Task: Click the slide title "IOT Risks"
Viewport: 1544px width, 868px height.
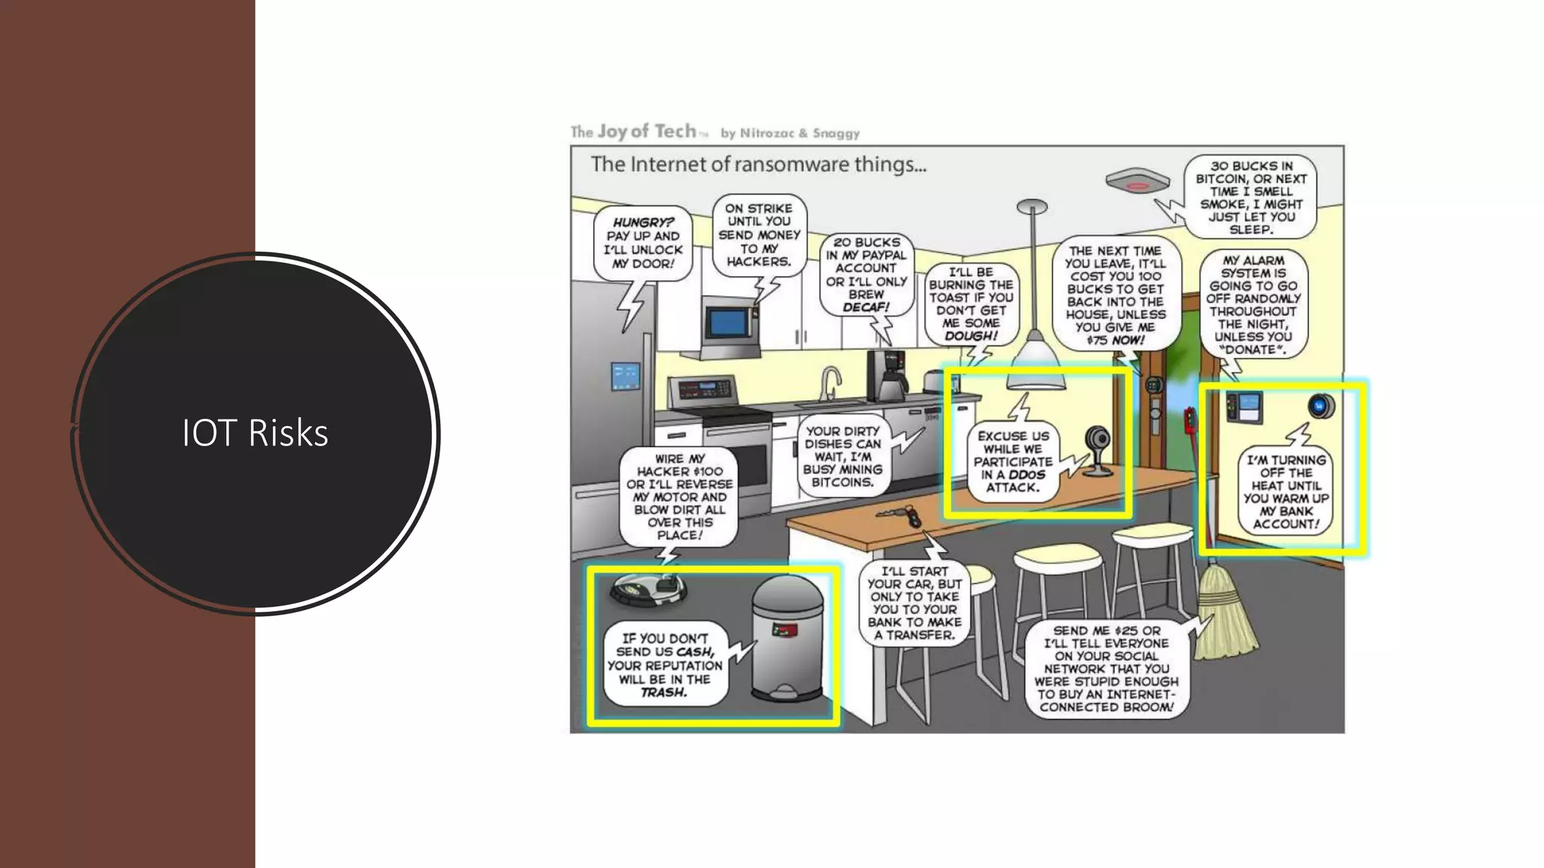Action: [255, 433]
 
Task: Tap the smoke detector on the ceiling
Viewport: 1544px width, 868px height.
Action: [1137, 182]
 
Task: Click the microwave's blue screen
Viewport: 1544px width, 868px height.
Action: [728, 323]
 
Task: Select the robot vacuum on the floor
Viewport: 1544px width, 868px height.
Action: [648, 588]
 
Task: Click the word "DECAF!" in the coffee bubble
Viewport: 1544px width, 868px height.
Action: [865, 307]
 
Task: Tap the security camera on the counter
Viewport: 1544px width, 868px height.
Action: [1097, 449]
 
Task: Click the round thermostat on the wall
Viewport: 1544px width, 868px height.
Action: [1320, 405]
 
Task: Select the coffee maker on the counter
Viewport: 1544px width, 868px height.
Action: [887, 376]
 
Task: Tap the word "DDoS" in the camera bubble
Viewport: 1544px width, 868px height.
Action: [1027, 475]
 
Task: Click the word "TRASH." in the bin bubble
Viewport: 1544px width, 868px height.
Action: [663, 692]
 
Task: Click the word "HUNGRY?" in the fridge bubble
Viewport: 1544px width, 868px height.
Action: [642, 223]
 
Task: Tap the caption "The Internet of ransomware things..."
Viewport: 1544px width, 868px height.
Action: [758, 164]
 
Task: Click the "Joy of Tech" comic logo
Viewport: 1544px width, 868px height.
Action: [647, 132]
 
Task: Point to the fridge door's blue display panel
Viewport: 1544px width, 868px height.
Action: [625, 376]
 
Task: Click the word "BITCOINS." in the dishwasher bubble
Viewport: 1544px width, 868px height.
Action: [842, 482]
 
